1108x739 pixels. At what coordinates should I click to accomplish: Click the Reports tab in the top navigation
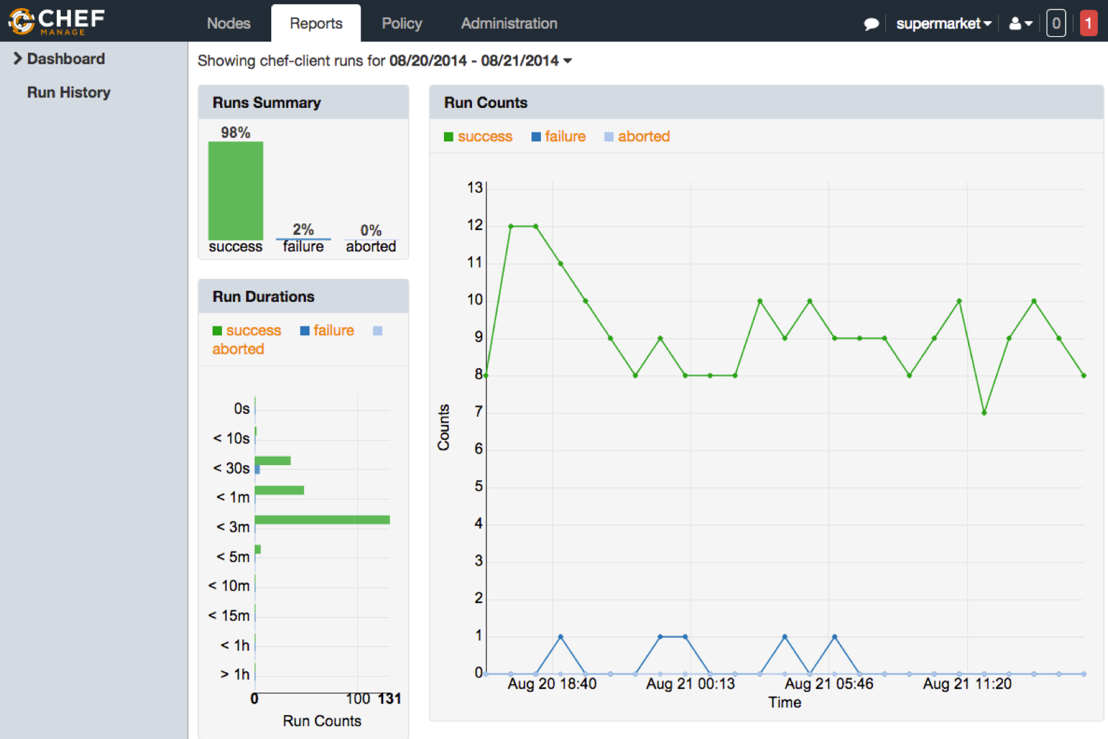tap(316, 23)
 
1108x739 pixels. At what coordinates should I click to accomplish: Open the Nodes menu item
tap(228, 23)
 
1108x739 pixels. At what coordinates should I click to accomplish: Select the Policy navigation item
tap(402, 23)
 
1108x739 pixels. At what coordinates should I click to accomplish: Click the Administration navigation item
tap(509, 23)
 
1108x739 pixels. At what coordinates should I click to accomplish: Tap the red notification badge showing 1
tap(1088, 23)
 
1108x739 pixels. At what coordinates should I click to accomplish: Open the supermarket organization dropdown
tap(943, 23)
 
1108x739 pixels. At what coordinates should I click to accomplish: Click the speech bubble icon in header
tap(871, 24)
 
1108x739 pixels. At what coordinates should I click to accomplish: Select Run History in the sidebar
tap(68, 92)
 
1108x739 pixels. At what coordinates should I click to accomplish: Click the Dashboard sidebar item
tap(66, 59)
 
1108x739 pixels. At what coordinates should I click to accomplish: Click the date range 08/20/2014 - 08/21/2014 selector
tap(480, 61)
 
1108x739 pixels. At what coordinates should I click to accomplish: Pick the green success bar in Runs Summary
tap(236, 191)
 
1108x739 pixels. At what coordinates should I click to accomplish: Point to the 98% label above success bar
tap(236, 133)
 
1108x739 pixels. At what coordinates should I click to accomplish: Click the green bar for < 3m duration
tap(322, 520)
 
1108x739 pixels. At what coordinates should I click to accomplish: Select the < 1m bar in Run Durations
tap(279, 490)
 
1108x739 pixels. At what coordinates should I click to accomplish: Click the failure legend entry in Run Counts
tap(558, 137)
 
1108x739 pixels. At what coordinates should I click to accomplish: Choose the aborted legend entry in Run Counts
tap(637, 137)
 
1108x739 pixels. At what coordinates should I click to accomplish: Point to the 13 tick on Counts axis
tap(475, 188)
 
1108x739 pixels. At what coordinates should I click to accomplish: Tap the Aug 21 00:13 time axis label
tap(690, 684)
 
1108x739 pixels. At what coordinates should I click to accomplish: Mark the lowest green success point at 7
tap(984, 413)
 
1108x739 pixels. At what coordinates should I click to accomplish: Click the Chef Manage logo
tap(57, 21)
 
